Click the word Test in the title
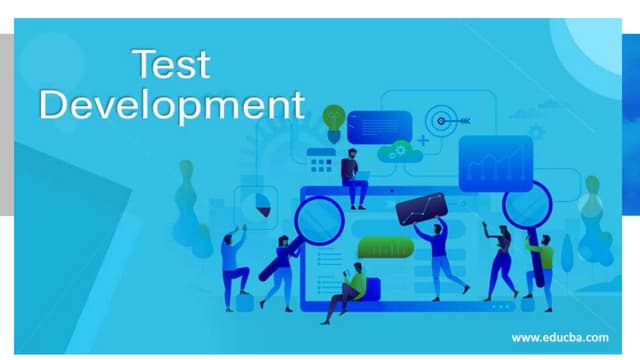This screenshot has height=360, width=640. [x=172, y=65]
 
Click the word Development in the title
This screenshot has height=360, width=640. [x=171, y=105]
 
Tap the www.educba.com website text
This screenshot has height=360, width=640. [x=559, y=338]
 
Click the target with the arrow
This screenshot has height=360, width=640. [x=443, y=120]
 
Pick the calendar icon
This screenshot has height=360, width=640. [x=321, y=160]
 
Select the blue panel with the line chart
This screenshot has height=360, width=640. [x=495, y=163]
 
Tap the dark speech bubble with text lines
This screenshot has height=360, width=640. [x=379, y=126]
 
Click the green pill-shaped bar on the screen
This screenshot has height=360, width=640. [x=385, y=247]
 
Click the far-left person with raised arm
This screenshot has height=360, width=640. [x=235, y=268]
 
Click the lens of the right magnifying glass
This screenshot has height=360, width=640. [x=525, y=206]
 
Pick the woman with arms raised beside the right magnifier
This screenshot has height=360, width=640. [x=499, y=262]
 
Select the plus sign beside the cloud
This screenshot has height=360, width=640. [x=423, y=142]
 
